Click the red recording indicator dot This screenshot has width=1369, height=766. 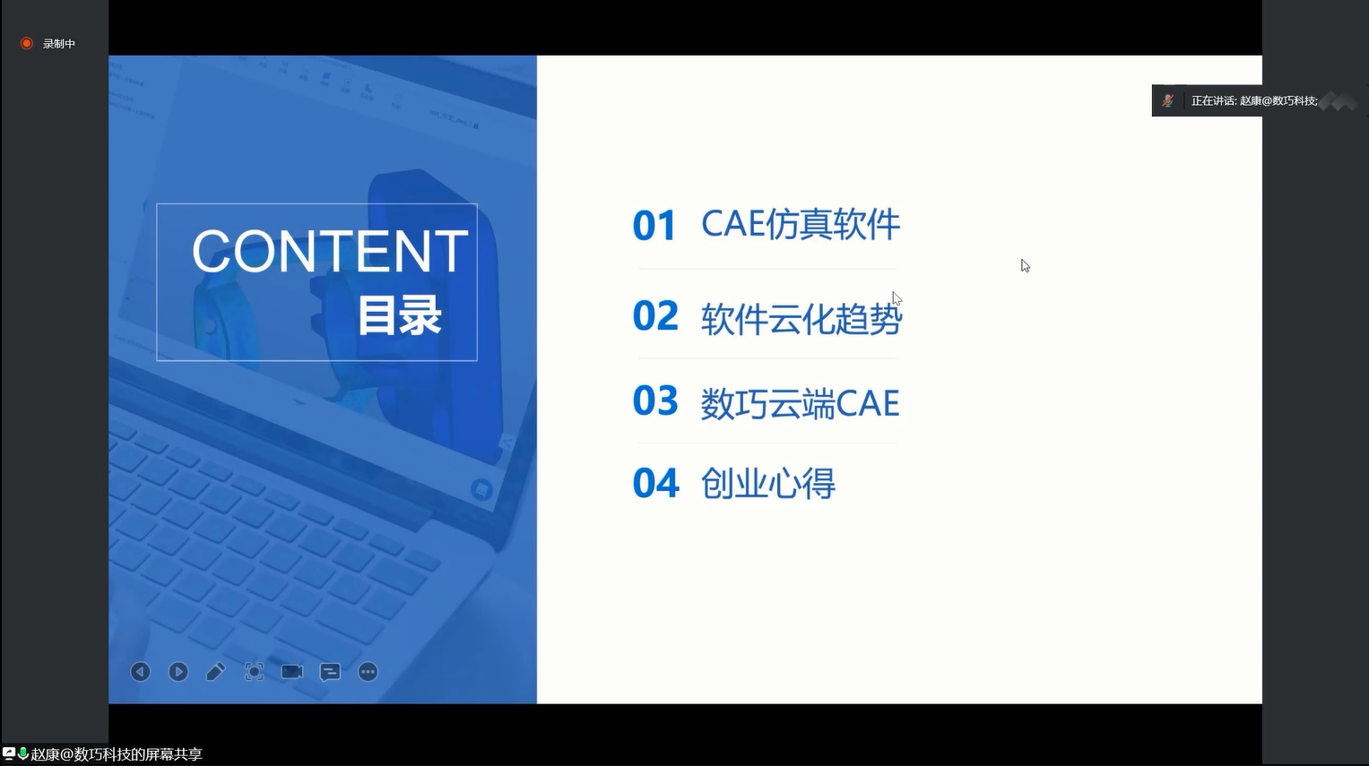(26, 43)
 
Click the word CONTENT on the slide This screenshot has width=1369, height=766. (330, 251)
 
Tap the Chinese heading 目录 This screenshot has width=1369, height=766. (399, 315)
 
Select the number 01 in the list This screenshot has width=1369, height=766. (654, 226)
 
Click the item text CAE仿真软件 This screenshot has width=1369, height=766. (801, 224)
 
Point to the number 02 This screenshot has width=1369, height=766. (655, 315)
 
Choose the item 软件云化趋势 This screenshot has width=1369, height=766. (801, 318)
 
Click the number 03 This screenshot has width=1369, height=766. (655, 400)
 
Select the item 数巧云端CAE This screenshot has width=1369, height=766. (800, 403)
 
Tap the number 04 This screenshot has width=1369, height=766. (655, 483)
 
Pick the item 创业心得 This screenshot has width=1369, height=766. (767, 484)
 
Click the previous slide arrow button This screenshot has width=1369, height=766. (141, 672)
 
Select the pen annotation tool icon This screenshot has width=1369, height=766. (216, 672)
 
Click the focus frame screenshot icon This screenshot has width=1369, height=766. (255, 672)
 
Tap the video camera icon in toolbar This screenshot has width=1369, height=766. (292, 672)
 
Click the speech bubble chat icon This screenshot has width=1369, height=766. (330, 673)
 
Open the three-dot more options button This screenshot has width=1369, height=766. (368, 672)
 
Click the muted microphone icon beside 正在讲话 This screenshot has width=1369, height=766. (1168, 100)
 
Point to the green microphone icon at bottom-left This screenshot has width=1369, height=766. (23, 753)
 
